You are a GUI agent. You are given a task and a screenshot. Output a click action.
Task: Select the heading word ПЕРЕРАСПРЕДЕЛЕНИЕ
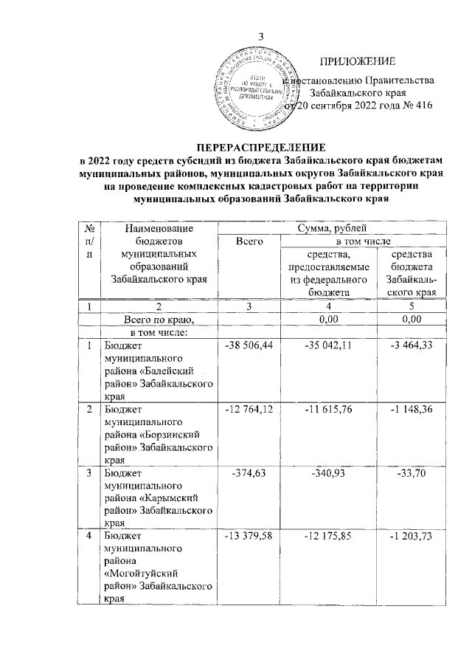coord(258,148)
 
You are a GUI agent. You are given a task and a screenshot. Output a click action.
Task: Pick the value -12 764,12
coord(249,408)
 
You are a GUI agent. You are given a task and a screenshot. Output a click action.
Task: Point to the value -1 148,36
coord(407,408)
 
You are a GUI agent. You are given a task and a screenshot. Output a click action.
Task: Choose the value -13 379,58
coord(249,534)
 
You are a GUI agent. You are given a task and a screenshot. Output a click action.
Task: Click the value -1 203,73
coord(407,534)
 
